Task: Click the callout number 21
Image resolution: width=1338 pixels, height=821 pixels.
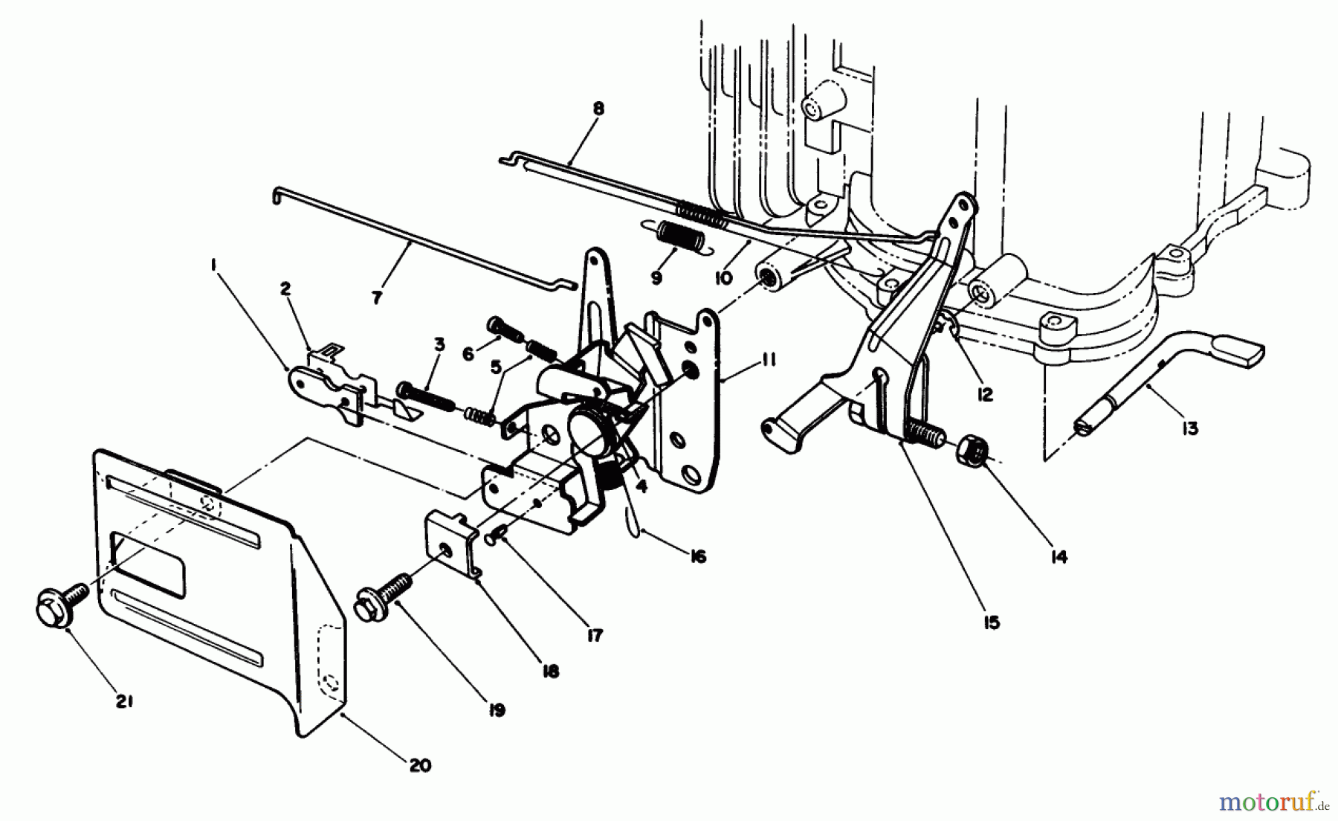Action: [124, 701]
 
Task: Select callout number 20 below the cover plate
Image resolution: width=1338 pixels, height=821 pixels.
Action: [419, 765]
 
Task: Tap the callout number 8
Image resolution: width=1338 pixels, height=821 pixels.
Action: [598, 109]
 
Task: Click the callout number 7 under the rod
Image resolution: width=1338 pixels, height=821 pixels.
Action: [377, 297]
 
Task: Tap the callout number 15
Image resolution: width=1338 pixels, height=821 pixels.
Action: [992, 622]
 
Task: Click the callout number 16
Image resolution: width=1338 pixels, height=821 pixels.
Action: [697, 556]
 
